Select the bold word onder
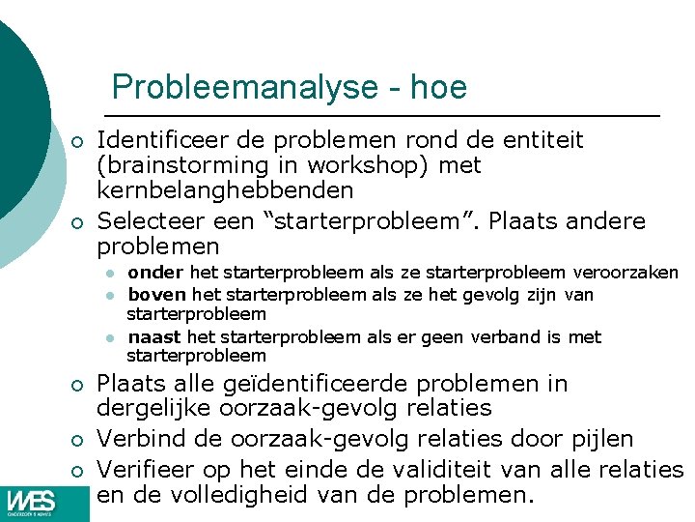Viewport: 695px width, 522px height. tap(156, 274)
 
